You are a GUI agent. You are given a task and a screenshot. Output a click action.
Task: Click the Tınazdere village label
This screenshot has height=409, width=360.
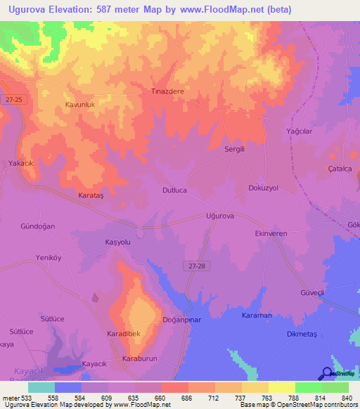pyautogui.click(x=167, y=91)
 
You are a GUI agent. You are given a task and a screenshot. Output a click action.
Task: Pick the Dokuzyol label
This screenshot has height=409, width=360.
pyautogui.click(x=264, y=188)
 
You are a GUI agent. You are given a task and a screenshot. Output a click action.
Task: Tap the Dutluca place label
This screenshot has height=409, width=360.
pyautogui.click(x=174, y=190)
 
